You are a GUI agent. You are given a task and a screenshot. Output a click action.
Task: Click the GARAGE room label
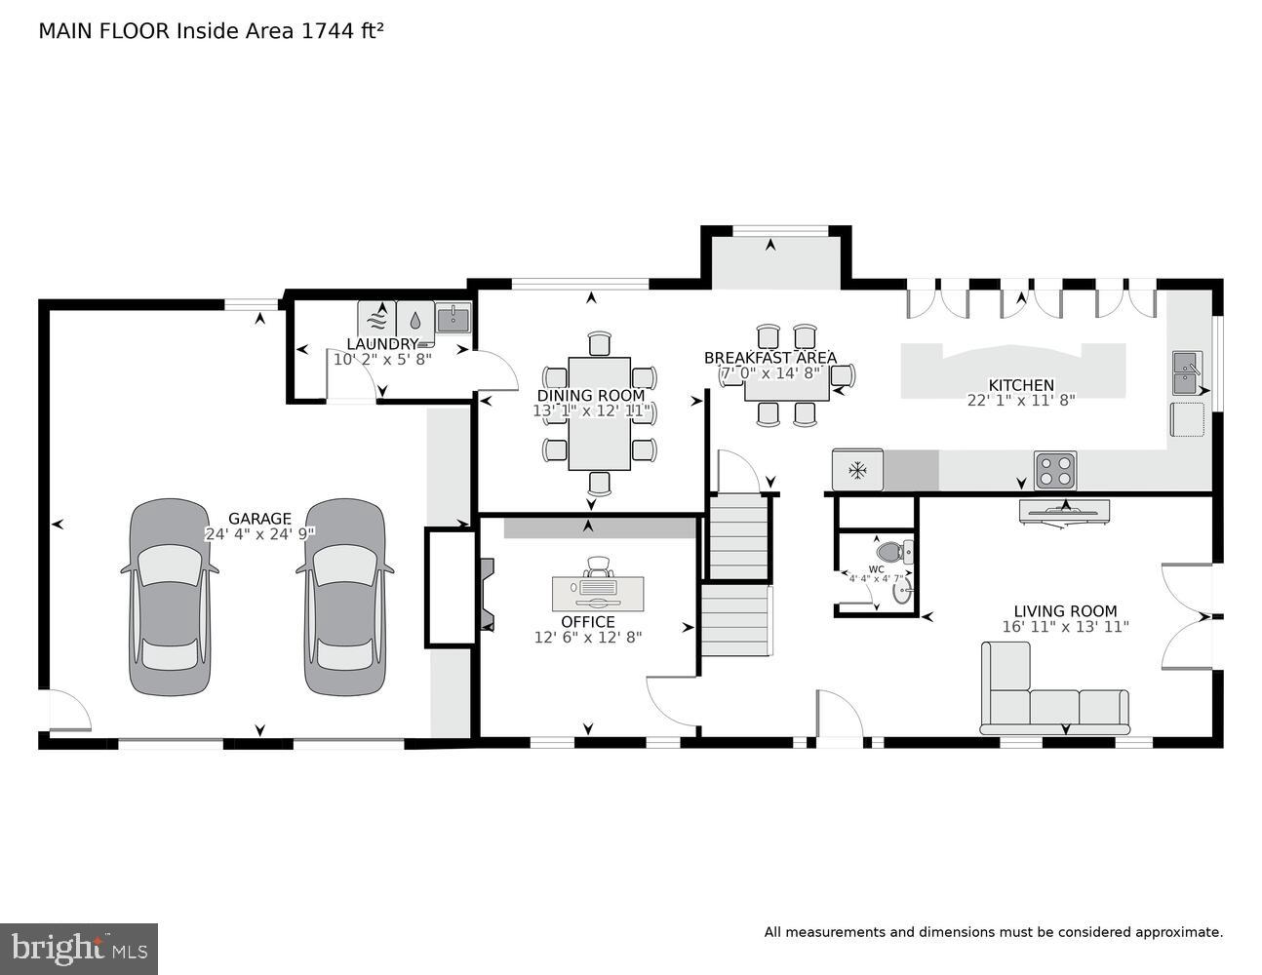(259, 519)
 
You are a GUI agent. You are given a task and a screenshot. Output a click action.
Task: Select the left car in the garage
(170, 597)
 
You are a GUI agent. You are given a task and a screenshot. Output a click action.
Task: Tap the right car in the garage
(344, 597)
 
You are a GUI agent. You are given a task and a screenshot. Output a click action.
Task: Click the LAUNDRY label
(382, 344)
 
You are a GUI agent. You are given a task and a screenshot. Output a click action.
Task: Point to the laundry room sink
(453, 318)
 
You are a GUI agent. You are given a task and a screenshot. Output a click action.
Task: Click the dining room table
(599, 413)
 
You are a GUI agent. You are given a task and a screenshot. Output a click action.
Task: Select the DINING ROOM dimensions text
(591, 410)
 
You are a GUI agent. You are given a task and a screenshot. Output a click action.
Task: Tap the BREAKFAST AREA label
(770, 358)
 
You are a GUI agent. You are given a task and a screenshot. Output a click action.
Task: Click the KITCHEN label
(1020, 385)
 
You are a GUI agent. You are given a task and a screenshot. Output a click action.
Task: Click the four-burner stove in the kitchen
(1055, 470)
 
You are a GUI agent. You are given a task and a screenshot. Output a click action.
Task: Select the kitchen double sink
(1187, 373)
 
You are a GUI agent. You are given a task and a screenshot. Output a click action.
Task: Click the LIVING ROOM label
(1065, 611)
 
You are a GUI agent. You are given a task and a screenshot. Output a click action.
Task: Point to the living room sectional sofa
(1053, 704)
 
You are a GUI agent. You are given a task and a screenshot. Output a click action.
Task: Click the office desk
(598, 593)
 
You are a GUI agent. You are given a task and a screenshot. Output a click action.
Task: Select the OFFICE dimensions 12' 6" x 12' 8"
(588, 637)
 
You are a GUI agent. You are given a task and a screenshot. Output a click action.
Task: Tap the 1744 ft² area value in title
(342, 31)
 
